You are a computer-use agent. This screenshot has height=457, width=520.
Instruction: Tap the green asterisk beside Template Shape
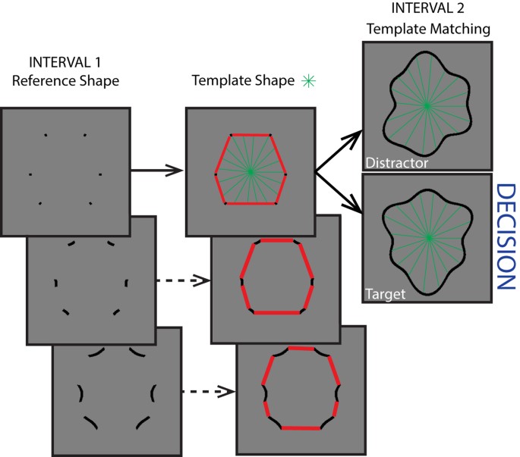point(308,80)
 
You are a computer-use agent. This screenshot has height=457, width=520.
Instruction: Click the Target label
point(386,291)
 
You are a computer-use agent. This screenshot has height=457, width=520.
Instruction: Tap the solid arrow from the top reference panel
point(156,171)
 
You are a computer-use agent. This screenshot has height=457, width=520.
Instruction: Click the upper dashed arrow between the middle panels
point(181,280)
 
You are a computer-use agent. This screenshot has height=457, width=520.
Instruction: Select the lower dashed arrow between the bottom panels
point(207,392)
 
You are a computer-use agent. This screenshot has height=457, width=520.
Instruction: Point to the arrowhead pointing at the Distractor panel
point(353,136)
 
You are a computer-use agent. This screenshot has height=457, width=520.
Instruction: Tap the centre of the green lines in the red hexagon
point(251,171)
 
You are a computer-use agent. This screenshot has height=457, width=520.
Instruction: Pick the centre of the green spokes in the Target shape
point(429,238)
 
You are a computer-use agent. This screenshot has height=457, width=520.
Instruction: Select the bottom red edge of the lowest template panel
point(302,428)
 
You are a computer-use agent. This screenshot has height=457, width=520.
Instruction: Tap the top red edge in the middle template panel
point(276,240)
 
